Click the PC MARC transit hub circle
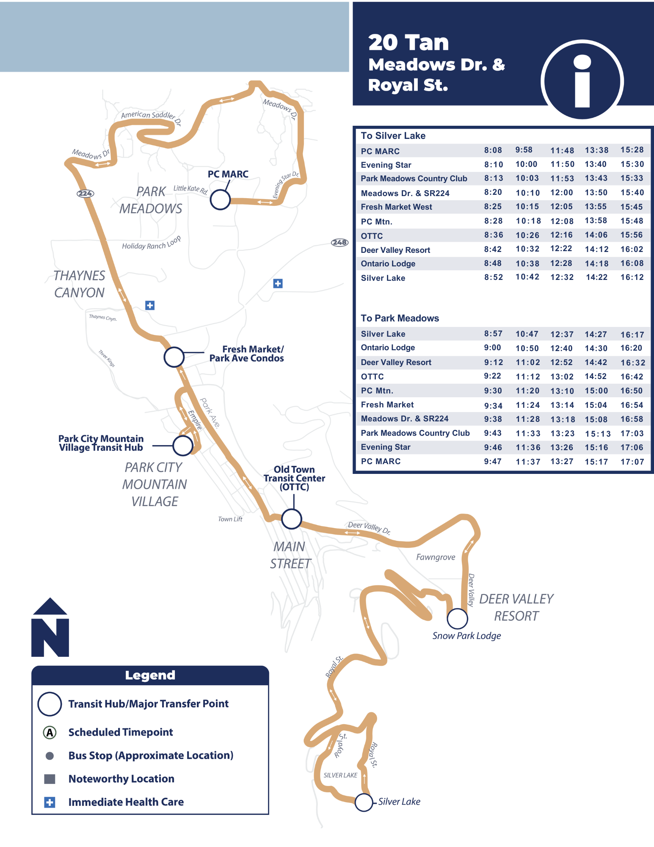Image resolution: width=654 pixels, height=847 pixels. (x=220, y=199)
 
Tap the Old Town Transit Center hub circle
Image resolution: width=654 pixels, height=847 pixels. (x=292, y=519)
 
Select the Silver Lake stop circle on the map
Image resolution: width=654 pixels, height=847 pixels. (x=364, y=802)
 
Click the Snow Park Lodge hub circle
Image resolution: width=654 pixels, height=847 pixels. (x=457, y=619)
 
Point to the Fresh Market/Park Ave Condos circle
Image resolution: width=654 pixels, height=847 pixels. (x=174, y=357)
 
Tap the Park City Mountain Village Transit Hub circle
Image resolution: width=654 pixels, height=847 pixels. (x=183, y=446)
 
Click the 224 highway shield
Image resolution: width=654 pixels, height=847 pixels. (x=85, y=194)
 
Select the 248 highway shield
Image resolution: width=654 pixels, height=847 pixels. (x=339, y=243)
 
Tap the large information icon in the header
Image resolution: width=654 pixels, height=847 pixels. (x=582, y=80)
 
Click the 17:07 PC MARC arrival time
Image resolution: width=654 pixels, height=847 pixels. (x=632, y=462)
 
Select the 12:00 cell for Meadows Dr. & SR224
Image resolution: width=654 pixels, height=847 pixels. (x=561, y=193)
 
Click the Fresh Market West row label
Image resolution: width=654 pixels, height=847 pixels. (x=396, y=207)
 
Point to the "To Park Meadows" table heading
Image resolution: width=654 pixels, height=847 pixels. (x=400, y=318)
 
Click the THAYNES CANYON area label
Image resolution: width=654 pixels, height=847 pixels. (x=79, y=284)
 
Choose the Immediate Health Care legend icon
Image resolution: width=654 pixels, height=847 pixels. (x=50, y=802)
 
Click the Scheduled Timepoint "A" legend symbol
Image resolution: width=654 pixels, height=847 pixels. (x=50, y=732)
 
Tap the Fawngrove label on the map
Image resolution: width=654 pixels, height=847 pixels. (x=436, y=557)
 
